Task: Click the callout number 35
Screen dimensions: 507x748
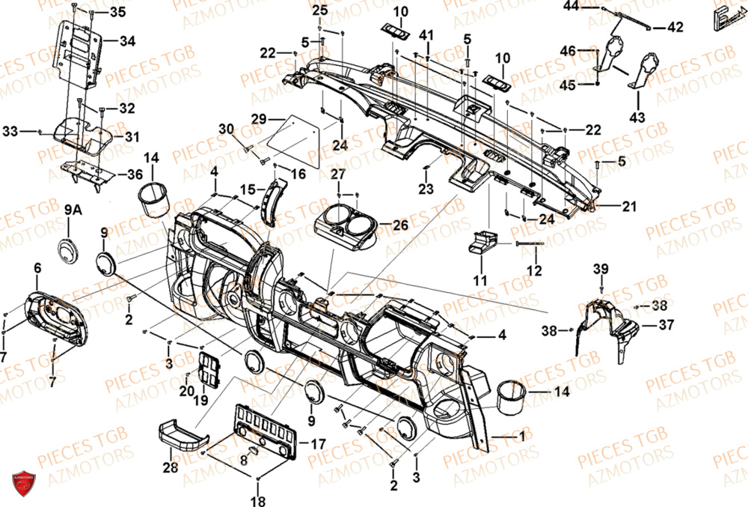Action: pos(118,12)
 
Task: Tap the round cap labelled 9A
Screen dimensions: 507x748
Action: pos(68,251)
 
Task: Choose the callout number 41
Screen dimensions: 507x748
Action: pos(426,36)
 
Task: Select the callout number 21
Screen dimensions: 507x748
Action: pos(629,206)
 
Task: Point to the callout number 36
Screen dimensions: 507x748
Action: pos(135,174)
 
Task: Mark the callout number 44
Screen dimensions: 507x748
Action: pos(571,7)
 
